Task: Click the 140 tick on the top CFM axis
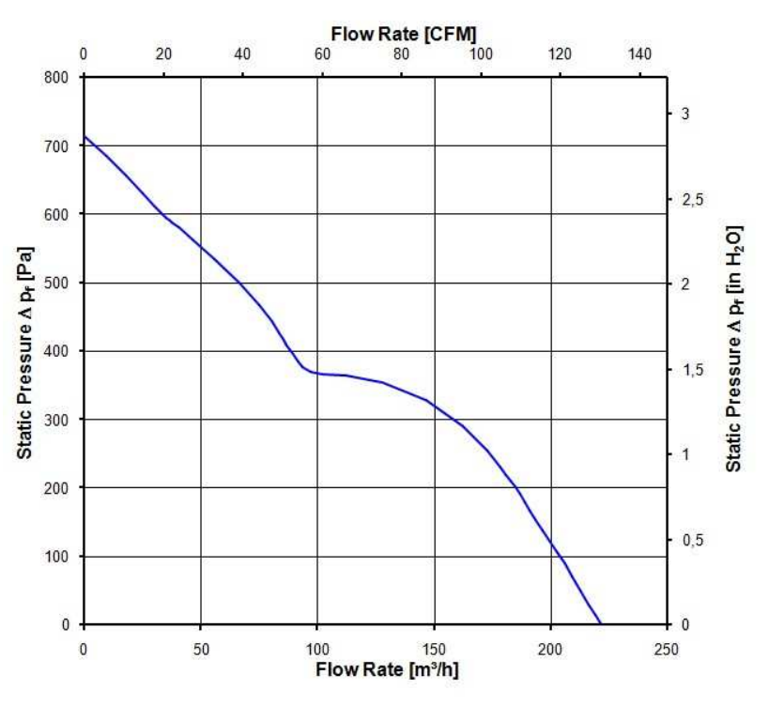pos(639,54)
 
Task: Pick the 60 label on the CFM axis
pos(322,54)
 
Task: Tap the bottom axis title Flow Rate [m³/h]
pos(387,670)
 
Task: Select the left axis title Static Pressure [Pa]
pos(27,352)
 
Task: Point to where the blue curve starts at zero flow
pos(85,137)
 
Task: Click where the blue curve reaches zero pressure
pos(601,623)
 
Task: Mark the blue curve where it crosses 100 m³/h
pos(317,374)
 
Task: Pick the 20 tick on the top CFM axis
pos(163,54)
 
